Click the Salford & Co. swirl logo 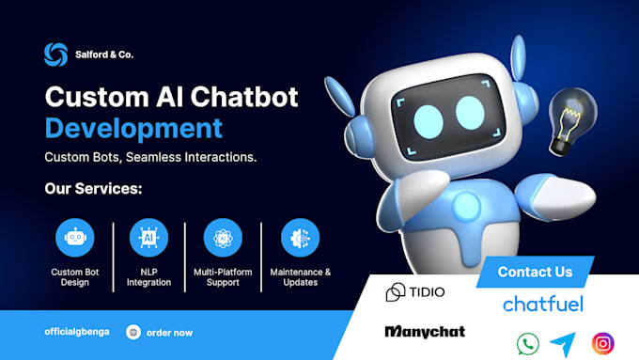(x=55, y=55)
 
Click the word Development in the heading (x=133, y=127)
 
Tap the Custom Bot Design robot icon (x=75, y=238)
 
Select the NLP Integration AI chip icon (x=148, y=238)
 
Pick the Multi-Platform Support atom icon (x=223, y=238)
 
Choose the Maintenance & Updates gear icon (x=300, y=238)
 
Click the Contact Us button (x=535, y=273)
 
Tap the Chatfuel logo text (x=543, y=304)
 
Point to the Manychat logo (x=425, y=332)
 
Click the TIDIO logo (x=415, y=292)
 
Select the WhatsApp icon (x=528, y=343)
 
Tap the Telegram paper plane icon (x=563, y=343)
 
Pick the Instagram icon (x=602, y=343)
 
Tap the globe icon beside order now (x=132, y=332)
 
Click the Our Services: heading (x=93, y=189)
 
